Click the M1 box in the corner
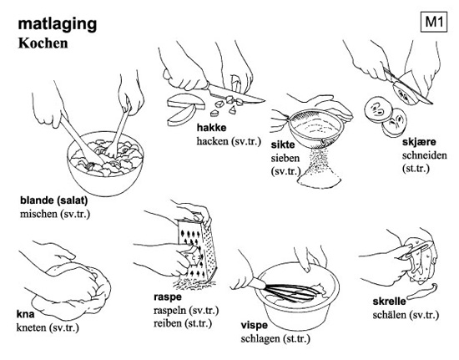[434, 22]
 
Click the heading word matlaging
[58, 24]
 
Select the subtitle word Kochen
[43, 43]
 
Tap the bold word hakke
[211, 128]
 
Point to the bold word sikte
[282, 145]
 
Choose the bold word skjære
[419, 142]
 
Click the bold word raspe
[168, 297]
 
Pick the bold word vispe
[254, 325]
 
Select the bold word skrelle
[390, 302]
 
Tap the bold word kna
[25, 314]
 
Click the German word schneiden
[425, 155]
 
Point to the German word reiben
[168, 323]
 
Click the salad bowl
[105, 163]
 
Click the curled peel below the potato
[422, 291]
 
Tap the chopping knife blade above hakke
[235, 94]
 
